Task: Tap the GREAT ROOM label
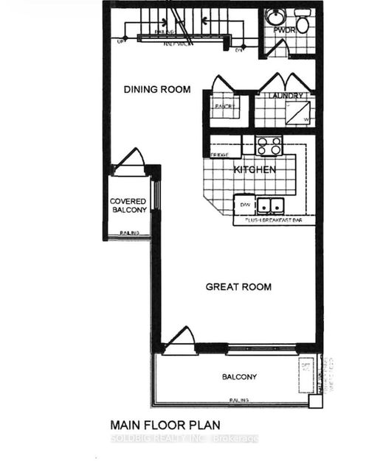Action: point(238,286)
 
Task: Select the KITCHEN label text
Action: point(255,170)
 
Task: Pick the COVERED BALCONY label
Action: point(128,205)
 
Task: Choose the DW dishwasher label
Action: point(244,204)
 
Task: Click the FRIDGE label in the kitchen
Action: point(219,155)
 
